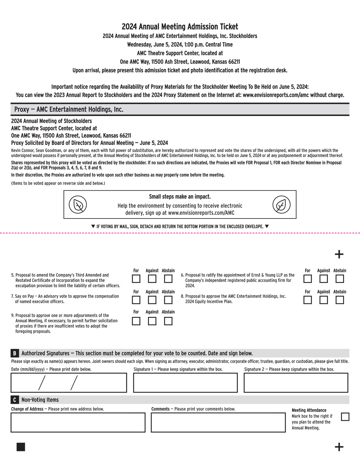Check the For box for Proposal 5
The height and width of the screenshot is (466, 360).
pyautogui.click(x=136, y=279)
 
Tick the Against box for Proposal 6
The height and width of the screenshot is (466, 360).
pyautogui.click(x=324, y=279)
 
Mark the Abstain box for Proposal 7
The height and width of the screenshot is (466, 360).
pyautogui.click(x=168, y=300)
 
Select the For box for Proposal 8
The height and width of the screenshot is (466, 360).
pyautogui.click(x=307, y=300)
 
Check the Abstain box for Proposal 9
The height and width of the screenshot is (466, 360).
pyautogui.click(x=168, y=321)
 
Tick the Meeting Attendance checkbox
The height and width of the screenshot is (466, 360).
pyautogui.click(x=345, y=417)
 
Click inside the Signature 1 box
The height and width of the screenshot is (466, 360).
pyautogui.click(x=185, y=383)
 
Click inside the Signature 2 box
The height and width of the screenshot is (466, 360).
pyautogui.click(x=296, y=383)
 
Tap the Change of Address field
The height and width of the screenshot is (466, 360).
pyautogui.click(x=78, y=423)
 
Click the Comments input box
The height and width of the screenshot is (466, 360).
pyautogui.click(x=218, y=423)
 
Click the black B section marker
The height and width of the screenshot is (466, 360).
pyautogui.click(x=15, y=353)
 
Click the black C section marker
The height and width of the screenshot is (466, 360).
pyautogui.click(x=15, y=400)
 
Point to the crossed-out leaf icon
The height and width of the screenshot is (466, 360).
pyautogui.click(x=78, y=205)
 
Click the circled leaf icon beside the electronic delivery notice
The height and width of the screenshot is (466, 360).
pyautogui.click(x=281, y=205)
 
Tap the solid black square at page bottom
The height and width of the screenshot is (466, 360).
pyautogui.click(x=21, y=447)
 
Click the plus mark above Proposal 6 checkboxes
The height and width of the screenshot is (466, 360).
pyautogui.click(x=339, y=254)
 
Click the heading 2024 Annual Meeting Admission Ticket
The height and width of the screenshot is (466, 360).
pyautogui.click(x=180, y=27)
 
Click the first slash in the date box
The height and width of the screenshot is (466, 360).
pyautogui.click(x=42, y=383)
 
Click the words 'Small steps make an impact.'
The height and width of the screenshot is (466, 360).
pyautogui.click(x=180, y=197)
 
